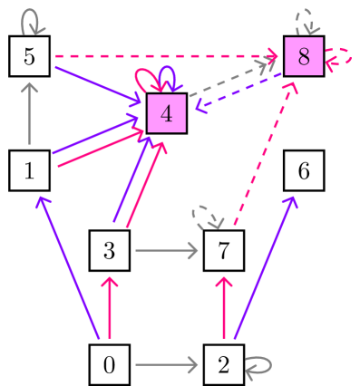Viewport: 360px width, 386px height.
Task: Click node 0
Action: (109, 365)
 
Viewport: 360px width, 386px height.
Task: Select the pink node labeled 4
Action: (167, 114)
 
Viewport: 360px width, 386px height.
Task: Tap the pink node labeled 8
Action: (303, 56)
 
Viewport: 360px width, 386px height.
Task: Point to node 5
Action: (29, 56)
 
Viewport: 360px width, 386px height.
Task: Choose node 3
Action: (109, 249)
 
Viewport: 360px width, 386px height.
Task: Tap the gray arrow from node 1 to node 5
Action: (29, 114)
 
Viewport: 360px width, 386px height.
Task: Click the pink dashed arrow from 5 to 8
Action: (163, 56)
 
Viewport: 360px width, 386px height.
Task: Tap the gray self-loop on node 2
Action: (259, 365)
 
